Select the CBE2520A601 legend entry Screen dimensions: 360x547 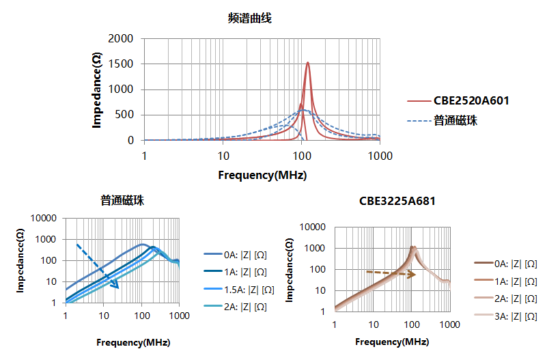tap(471, 100)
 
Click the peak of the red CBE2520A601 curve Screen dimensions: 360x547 tap(308, 63)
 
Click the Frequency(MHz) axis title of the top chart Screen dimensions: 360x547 tap(262, 175)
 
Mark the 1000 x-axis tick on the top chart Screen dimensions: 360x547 tap(380, 156)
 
